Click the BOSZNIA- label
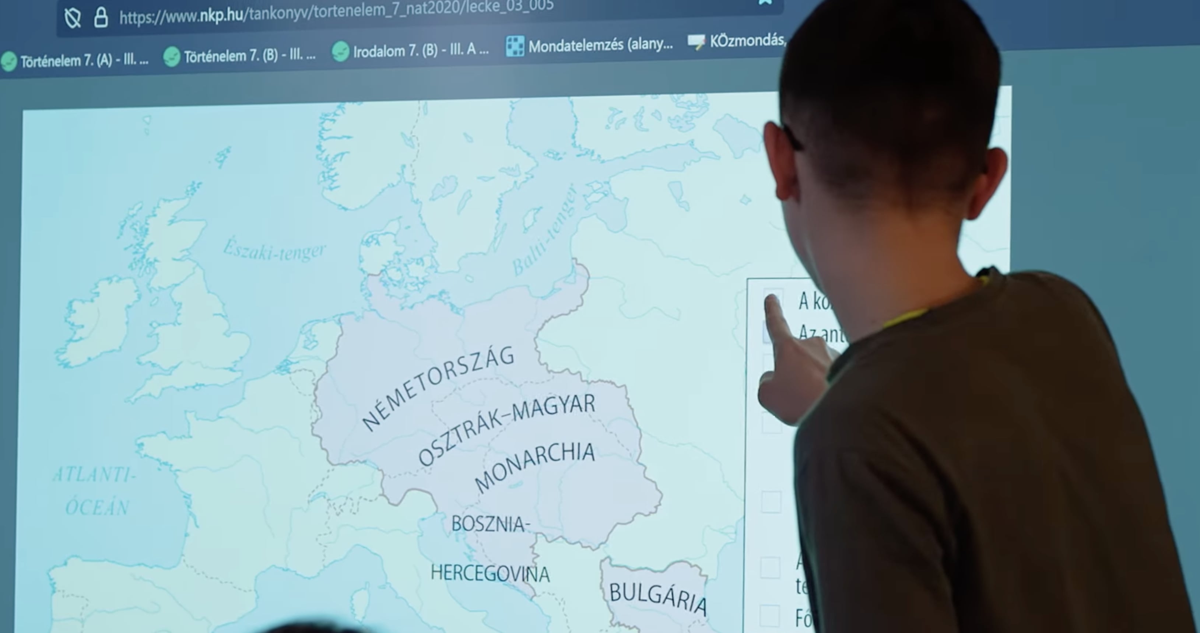click(491, 524)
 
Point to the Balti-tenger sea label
click(544, 231)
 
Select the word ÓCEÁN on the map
click(97, 507)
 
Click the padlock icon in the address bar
click(101, 18)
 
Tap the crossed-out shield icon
click(73, 19)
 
